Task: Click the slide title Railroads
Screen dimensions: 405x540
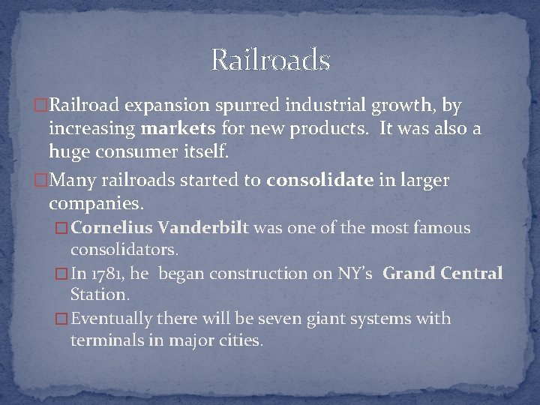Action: click(x=270, y=60)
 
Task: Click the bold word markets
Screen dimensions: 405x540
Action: click(x=177, y=129)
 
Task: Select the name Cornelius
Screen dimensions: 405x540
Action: click(x=123, y=228)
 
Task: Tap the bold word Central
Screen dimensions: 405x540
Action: click(x=473, y=274)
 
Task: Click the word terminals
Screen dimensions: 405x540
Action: click(x=109, y=340)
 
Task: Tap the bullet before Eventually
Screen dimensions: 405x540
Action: click(x=62, y=319)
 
